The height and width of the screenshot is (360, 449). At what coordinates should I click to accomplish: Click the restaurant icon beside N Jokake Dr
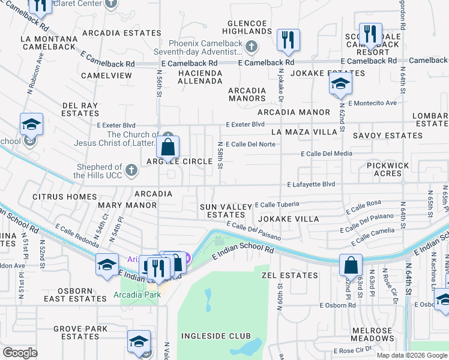(288, 40)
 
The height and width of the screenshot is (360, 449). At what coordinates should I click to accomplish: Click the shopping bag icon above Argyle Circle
(169, 146)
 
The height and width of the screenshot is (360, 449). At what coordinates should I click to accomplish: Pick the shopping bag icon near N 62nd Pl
(351, 265)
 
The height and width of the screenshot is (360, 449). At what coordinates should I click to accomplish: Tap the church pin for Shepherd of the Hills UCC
(131, 172)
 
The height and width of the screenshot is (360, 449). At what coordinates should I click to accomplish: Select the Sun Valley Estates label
(226, 211)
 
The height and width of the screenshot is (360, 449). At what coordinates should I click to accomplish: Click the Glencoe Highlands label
(247, 26)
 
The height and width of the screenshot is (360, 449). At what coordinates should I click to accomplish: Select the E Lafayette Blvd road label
(311, 185)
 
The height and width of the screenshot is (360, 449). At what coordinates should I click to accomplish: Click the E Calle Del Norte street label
(250, 144)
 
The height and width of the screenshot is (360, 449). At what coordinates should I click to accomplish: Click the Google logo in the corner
(20, 353)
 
